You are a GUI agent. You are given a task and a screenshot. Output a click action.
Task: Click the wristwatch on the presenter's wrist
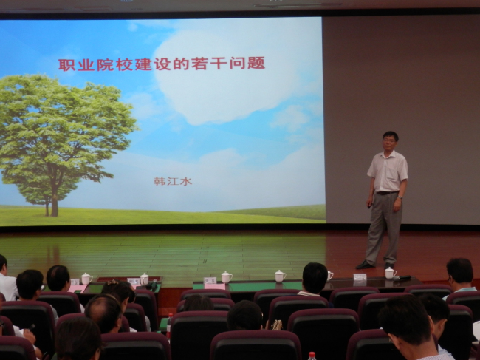click(400, 197)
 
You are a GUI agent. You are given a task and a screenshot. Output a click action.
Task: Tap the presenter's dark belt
click(387, 193)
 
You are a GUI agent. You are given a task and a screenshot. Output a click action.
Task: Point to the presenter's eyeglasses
click(388, 140)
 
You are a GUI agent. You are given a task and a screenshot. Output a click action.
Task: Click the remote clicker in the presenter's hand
click(368, 206)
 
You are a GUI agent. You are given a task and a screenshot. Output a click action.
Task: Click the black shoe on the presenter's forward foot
click(365, 265)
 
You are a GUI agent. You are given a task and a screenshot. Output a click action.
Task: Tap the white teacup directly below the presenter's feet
click(391, 274)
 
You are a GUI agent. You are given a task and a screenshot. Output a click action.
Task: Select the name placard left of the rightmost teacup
click(360, 277)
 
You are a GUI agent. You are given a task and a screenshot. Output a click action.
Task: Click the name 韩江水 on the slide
click(173, 181)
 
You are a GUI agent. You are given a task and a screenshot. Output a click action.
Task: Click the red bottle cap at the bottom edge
click(312, 355)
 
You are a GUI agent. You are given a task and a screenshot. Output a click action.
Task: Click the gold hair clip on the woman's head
click(112, 282)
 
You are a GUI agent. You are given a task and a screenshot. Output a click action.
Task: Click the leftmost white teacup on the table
click(86, 279)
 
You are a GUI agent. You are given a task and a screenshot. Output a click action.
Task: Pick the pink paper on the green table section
click(215, 286)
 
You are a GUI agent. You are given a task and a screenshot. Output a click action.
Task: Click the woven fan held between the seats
click(276, 325)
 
